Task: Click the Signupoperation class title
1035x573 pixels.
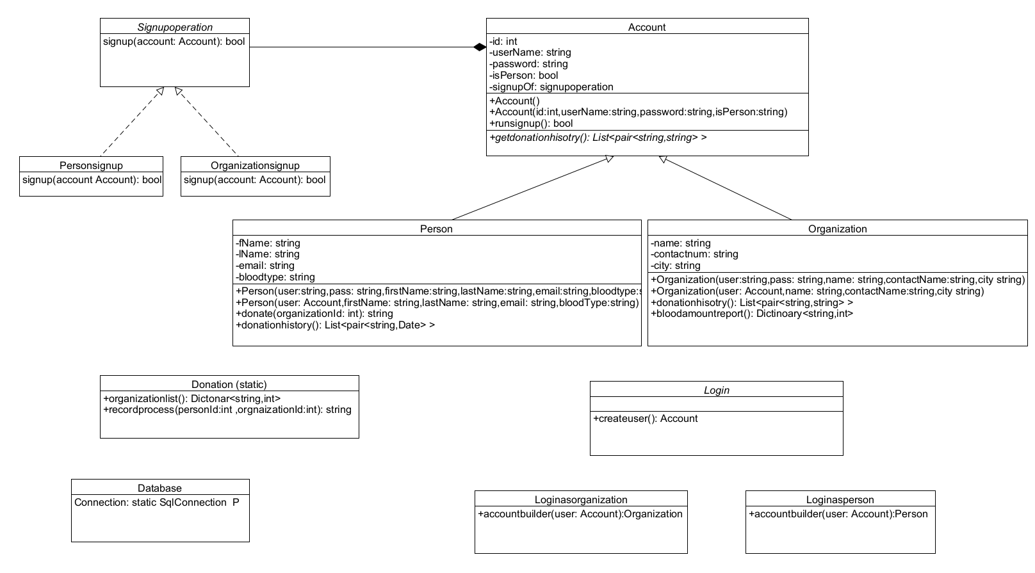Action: pyautogui.click(x=175, y=27)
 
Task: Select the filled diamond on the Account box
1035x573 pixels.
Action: pyautogui.click(x=480, y=47)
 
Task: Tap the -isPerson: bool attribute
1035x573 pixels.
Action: pyautogui.click(x=523, y=76)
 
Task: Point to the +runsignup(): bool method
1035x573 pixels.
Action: pyautogui.click(x=531, y=124)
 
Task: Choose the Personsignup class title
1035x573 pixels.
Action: pyautogui.click(x=91, y=165)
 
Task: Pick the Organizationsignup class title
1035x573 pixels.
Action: pyautogui.click(x=255, y=165)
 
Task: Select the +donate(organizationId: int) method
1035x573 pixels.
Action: pyautogui.click(x=314, y=314)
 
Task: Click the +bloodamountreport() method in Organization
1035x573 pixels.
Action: pyautogui.click(x=752, y=314)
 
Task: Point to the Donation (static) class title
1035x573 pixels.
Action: pyautogui.click(x=229, y=384)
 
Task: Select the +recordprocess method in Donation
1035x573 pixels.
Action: pyautogui.click(x=227, y=410)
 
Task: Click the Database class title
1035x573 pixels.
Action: pyautogui.click(x=159, y=488)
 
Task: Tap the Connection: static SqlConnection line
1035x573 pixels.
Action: pyautogui.click(x=156, y=503)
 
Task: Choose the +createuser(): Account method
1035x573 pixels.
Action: pyautogui.click(x=645, y=419)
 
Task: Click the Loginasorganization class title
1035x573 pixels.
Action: pyautogui.click(x=580, y=499)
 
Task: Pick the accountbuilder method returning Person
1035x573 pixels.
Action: pyautogui.click(x=838, y=514)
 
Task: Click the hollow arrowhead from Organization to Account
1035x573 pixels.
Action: pyautogui.click(x=664, y=159)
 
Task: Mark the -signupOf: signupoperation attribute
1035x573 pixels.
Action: pyautogui.click(x=551, y=87)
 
